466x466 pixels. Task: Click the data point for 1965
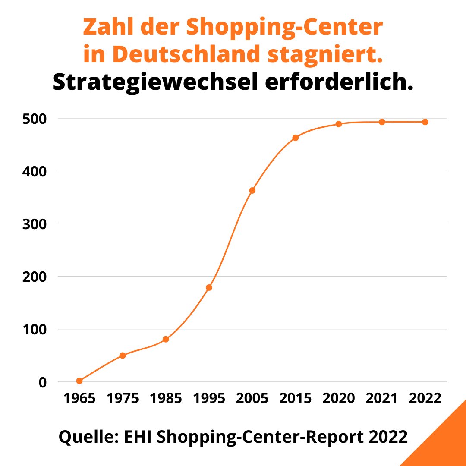(x=79, y=381)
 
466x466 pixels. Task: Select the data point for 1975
(x=123, y=356)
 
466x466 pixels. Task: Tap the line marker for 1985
(x=166, y=339)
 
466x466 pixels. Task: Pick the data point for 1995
(x=209, y=287)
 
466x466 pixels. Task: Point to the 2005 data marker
(x=252, y=190)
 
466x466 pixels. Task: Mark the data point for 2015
(x=295, y=138)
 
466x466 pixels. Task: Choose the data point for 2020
(x=338, y=124)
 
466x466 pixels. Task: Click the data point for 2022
(x=425, y=122)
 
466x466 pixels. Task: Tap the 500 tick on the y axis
(x=34, y=119)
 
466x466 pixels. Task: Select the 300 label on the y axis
(x=34, y=224)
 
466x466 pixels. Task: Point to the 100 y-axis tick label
(x=34, y=329)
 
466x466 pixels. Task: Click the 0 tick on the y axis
(x=42, y=382)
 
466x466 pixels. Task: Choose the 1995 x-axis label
(x=209, y=398)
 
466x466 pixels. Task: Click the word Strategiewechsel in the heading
(x=152, y=82)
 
